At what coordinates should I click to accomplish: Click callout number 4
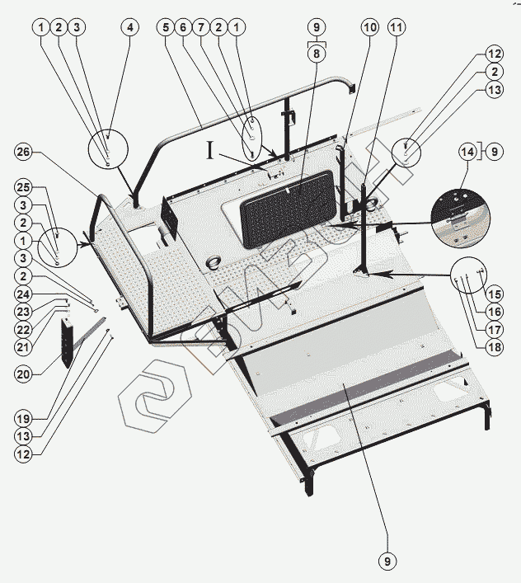pyautogui.click(x=129, y=27)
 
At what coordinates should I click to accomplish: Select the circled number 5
pyautogui.click(x=166, y=27)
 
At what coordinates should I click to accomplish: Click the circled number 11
pyautogui.click(x=397, y=27)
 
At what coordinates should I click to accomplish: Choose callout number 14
pyautogui.click(x=467, y=152)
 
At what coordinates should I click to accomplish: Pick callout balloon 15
pyautogui.click(x=494, y=292)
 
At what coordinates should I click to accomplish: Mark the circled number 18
pyautogui.click(x=494, y=346)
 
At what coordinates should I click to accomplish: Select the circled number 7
pyautogui.click(x=201, y=27)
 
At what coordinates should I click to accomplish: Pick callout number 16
pyautogui.click(x=494, y=311)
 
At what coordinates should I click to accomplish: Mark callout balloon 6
pyautogui.click(x=184, y=27)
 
